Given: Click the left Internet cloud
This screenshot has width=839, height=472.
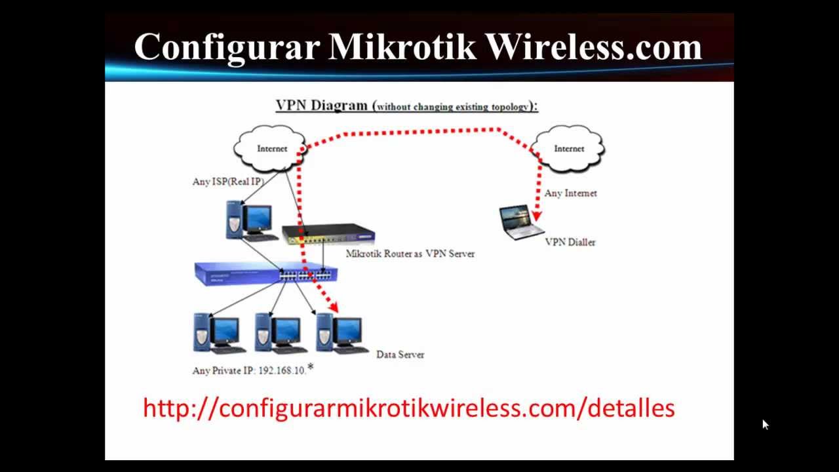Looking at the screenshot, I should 271,149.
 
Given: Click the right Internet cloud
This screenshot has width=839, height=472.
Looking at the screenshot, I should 568,149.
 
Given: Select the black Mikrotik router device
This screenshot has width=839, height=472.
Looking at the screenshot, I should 328,234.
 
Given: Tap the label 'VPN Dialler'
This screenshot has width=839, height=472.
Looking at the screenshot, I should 570,243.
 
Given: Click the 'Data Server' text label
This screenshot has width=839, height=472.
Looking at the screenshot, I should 400,355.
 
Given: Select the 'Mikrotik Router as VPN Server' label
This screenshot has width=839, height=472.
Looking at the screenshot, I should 410,254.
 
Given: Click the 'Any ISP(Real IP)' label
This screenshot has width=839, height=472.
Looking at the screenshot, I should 228,182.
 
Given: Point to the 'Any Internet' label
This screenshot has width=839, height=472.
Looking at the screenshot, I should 570,193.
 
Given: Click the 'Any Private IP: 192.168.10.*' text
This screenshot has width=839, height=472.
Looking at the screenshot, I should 252,370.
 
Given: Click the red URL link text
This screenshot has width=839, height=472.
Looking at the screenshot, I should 408,408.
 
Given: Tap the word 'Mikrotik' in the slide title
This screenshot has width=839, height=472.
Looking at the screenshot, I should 402,47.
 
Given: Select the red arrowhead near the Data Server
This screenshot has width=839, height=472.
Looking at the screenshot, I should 332,306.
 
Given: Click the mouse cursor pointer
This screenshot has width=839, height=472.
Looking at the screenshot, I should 765,425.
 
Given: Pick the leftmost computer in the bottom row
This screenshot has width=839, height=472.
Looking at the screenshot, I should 218,334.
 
